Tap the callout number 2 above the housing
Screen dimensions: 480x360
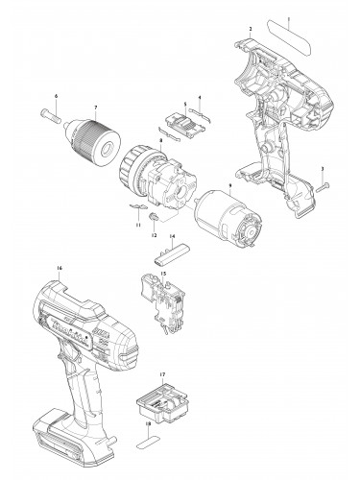tap(251, 30)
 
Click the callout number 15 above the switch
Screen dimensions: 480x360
tap(162, 274)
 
